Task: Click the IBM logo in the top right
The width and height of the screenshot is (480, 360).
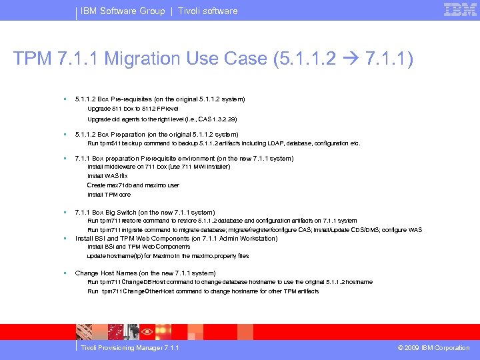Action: coord(460,10)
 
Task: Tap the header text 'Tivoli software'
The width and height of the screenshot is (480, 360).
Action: coord(207,11)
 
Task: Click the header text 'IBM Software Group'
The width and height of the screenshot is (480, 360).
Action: coord(123,11)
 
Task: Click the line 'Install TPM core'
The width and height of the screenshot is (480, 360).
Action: coord(109,195)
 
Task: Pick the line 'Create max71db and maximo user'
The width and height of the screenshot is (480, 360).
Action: coord(133,185)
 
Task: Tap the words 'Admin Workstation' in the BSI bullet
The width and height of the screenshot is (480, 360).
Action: coord(251,238)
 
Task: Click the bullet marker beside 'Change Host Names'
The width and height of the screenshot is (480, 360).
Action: coord(63,273)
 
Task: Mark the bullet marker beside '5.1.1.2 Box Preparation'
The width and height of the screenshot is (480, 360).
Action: coord(63,134)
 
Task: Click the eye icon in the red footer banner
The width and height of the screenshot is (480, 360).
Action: coord(148,331)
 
